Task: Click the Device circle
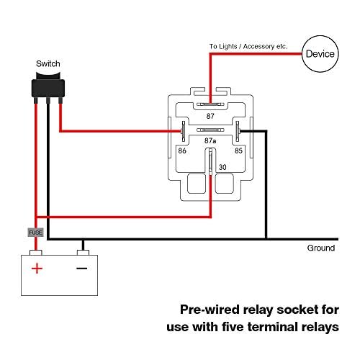click(x=319, y=53)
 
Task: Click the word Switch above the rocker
click(x=48, y=64)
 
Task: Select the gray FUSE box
click(x=35, y=233)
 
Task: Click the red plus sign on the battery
click(x=36, y=269)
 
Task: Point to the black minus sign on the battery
click(x=82, y=269)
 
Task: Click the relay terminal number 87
click(x=210, y=115)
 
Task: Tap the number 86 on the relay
click(x=183, y=151)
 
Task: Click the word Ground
click(x=320, y=248)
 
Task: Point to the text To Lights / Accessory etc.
click(x=248, y=46)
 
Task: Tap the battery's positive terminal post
click(x=36, y=251)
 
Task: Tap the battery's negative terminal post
click(x=83, y=251)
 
